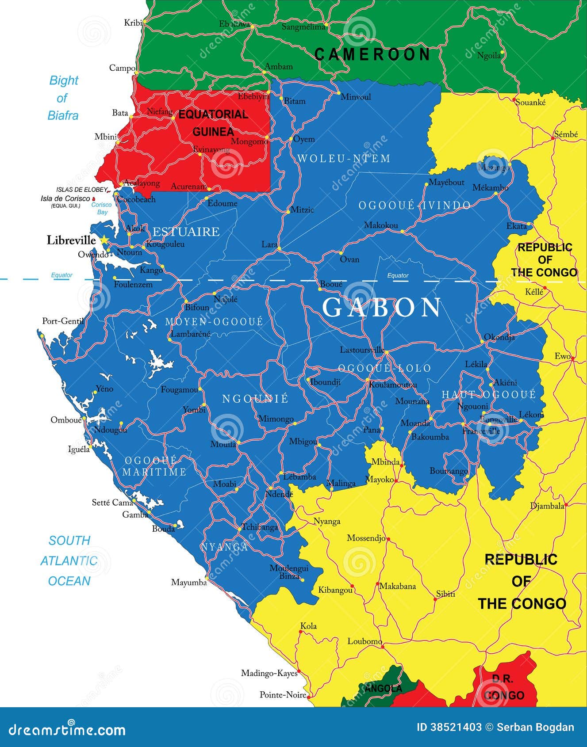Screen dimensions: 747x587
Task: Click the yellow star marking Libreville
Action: point(104,240)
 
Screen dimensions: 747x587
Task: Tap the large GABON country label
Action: point(381,308)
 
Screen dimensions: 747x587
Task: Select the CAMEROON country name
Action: point(372,54)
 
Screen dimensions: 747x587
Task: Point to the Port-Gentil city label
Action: point(62,321)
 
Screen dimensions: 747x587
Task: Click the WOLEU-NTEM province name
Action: point(344,158)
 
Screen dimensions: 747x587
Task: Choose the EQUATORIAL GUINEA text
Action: point(213,123)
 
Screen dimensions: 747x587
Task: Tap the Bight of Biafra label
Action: point(63,98)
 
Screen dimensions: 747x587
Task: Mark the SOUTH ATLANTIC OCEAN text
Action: point(69,560)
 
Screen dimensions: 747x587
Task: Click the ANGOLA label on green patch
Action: point(383,688)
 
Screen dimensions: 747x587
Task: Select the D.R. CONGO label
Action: point(503,687)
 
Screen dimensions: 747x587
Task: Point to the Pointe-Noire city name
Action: point(283,695)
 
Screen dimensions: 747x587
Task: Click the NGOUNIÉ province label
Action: point(255,399)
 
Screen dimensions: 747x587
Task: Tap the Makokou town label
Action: point(381,225)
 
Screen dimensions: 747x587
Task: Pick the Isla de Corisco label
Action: point(65,198)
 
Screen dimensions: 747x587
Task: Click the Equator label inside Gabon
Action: point(398,275)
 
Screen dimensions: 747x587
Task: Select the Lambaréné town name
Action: point(190,334)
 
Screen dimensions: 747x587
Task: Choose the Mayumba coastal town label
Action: point(189,583)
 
